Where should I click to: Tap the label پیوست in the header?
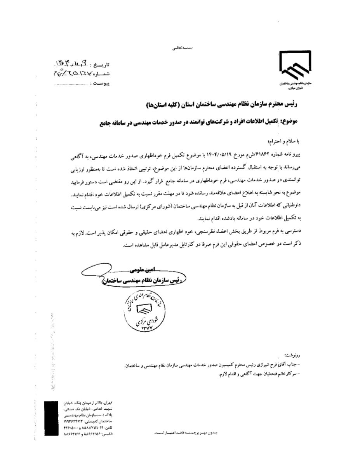(x=102, y=83)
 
